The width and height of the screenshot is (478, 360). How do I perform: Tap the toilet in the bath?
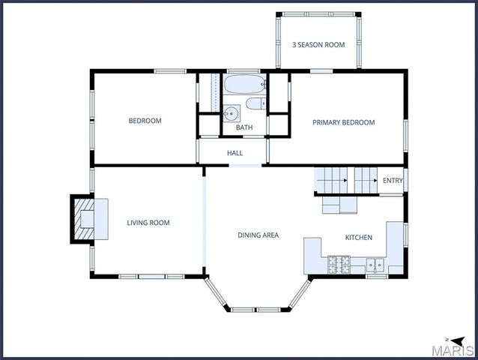coord(255,103)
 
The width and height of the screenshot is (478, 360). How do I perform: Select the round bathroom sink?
coord(232,113)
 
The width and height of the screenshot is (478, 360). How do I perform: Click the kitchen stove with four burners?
coord(339,264)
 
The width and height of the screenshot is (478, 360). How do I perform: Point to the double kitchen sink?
coord(375,265)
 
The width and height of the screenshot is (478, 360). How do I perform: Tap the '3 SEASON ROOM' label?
coord(318,45)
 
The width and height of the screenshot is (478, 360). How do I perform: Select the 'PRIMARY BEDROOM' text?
coord(343,122)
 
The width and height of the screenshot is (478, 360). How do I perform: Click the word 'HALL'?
coord(235,153)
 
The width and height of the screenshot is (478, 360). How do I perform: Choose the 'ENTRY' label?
coord(393,181)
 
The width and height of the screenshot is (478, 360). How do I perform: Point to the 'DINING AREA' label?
coord(258,235)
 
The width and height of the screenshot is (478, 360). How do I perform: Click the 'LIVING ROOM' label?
coord(148,223)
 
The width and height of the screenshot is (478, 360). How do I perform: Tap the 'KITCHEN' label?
coord(358,238)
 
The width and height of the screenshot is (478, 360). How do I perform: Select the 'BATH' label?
coord(244,127)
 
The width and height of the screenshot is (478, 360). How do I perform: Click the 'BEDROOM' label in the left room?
coord(145,121)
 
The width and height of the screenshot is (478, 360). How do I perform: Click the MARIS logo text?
coord(455,349)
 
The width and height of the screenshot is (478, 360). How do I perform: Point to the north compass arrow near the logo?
coord(447,339)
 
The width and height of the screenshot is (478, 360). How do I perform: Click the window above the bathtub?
coord(243,71)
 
